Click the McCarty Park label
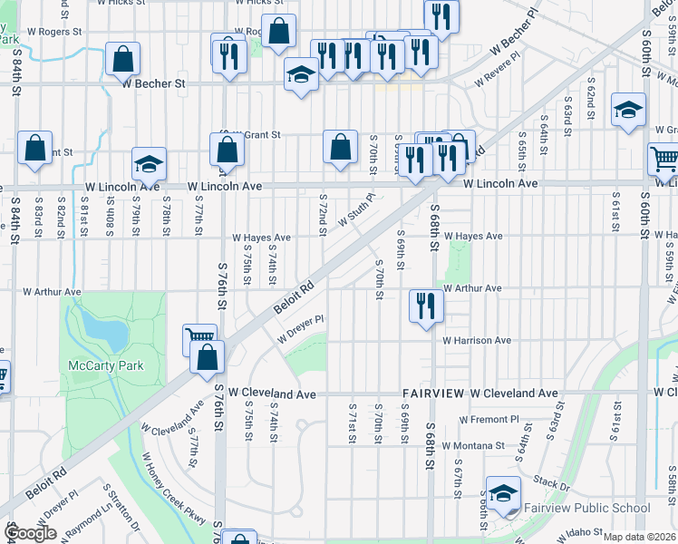pyautogui.click(x=106, y=366)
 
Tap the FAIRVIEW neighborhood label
pyautogui.click(x=433, y=393)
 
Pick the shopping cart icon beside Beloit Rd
pyautogui.click(x=199, y=339)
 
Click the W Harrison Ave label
pyautogui.click(x=476, y=341)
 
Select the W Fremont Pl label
pyautogui.click(x=489, y=420)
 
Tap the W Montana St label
pyautogui.click(x=475, y=446)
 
